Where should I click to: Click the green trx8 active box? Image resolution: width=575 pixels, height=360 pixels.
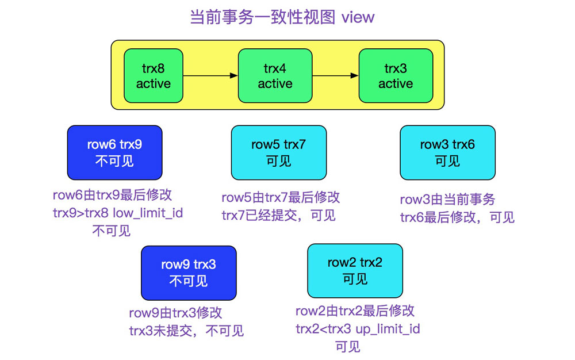153,75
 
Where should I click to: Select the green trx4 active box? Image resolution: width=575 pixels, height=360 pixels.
275,75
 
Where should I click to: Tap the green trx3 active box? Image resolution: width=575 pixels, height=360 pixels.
396,75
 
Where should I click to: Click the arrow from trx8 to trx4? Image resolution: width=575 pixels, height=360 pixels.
210,75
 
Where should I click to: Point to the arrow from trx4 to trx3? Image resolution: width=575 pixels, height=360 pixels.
331,75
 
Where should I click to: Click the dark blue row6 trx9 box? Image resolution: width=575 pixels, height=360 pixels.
114,152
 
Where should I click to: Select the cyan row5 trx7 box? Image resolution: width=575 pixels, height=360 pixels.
278,152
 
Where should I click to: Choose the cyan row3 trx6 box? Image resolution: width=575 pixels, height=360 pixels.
447,152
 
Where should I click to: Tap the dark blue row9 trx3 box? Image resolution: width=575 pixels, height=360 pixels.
189,273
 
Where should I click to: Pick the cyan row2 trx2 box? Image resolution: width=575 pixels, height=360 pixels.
355,271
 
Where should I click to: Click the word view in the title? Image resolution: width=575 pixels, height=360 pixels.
358,17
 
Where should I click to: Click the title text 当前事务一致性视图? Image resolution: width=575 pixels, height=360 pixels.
262,17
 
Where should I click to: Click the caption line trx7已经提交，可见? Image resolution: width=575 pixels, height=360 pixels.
278,215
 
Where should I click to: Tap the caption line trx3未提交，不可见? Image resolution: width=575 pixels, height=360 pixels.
186,330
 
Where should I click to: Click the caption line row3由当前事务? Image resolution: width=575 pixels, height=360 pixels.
447,200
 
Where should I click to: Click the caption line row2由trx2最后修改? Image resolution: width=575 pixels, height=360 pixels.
355,311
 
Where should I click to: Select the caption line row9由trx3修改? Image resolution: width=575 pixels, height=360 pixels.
175,313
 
